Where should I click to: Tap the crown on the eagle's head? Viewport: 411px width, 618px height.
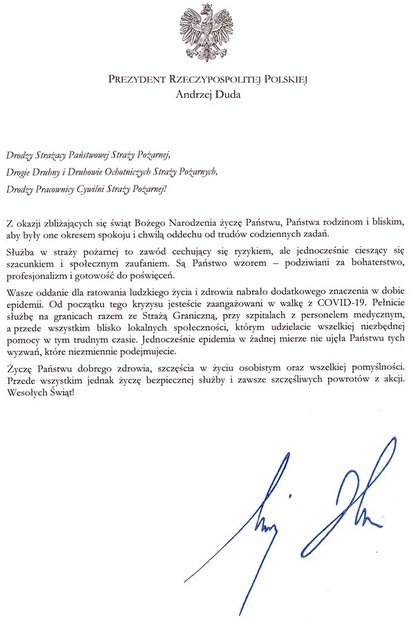[x=207, y=8]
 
